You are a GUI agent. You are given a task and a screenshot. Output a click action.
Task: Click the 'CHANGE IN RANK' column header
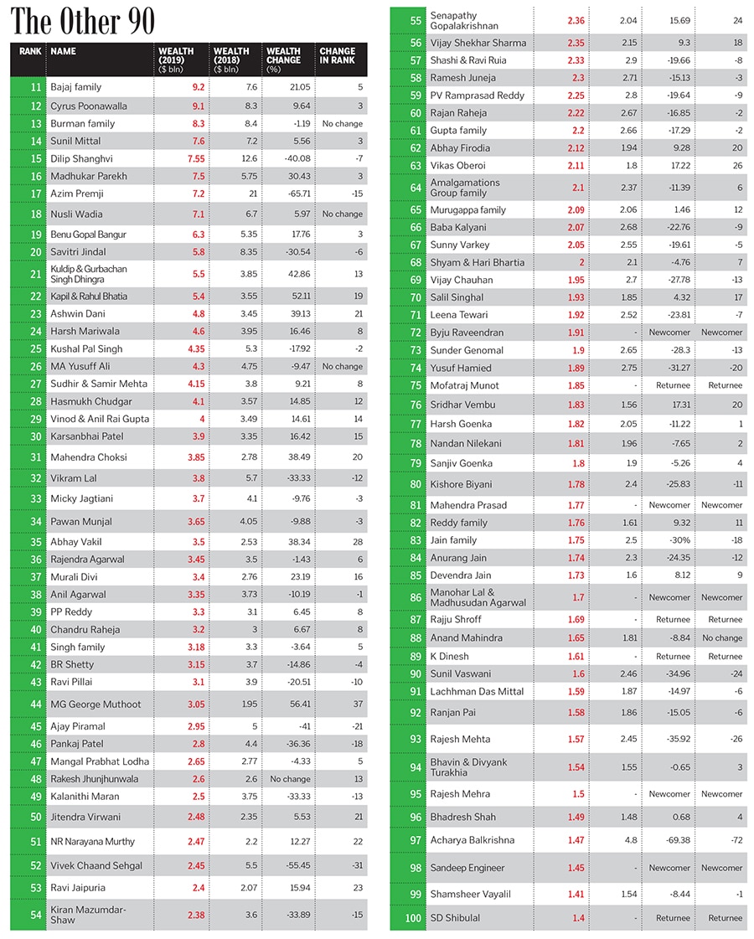pos(337,56)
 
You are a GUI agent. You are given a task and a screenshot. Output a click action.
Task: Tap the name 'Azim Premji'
pos(76,193)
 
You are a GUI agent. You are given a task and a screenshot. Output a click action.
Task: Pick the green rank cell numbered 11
pos(25,86)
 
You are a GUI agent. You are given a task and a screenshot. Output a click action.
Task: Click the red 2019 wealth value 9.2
pos(174,86)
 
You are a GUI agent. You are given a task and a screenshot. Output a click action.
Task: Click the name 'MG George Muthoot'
pos(96,704)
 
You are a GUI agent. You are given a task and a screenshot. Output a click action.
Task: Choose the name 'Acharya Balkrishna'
pos(473,840)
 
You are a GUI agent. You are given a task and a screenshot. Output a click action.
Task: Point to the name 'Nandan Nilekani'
pos(466,443)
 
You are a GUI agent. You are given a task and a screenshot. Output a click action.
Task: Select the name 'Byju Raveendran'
pos(467,333)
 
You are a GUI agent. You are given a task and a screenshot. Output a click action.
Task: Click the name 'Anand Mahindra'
pos(467,637)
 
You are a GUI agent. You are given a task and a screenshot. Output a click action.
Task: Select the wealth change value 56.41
pos(284,704)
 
